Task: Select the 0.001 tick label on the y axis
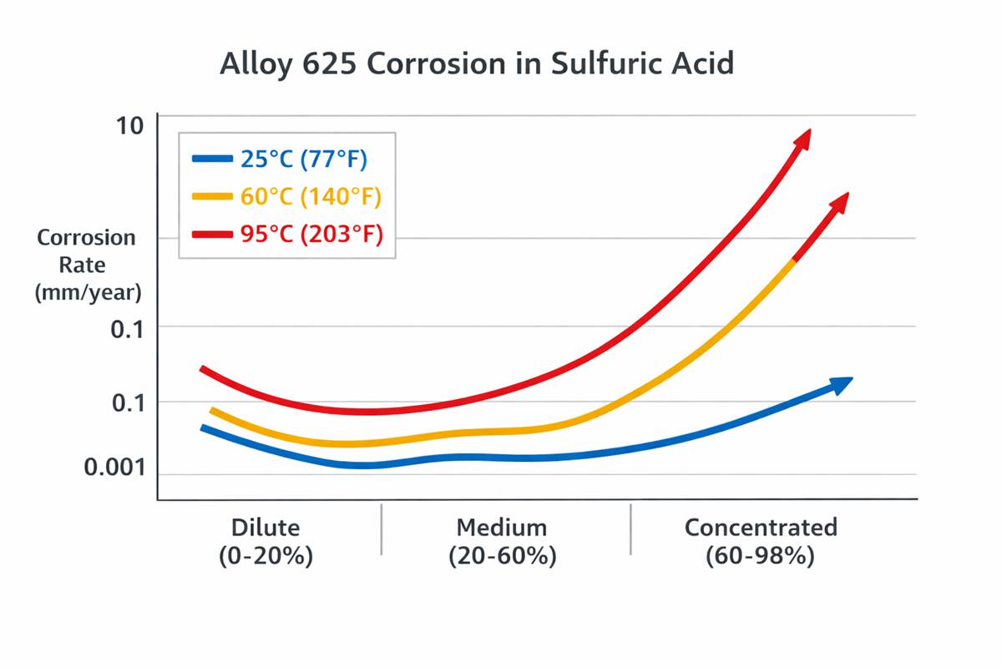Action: tap(114, 468)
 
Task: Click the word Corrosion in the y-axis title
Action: tap(86, 238)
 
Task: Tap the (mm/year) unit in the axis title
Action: tap(88, 292)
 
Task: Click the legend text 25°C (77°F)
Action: tap(304, 158)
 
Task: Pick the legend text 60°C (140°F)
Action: tap(311, 197)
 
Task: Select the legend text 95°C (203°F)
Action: tap(311, 235)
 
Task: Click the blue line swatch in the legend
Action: tap(211, 158)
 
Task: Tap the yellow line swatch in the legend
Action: tap(211, 197)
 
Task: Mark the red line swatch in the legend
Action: tap(211, 235)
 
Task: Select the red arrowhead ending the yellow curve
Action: tap(839, 204)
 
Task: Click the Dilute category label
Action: tap(265, 528)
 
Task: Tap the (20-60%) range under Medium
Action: tap(502, 556)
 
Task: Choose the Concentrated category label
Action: tap(760, 528)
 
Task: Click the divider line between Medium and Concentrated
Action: tap(630, 529)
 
